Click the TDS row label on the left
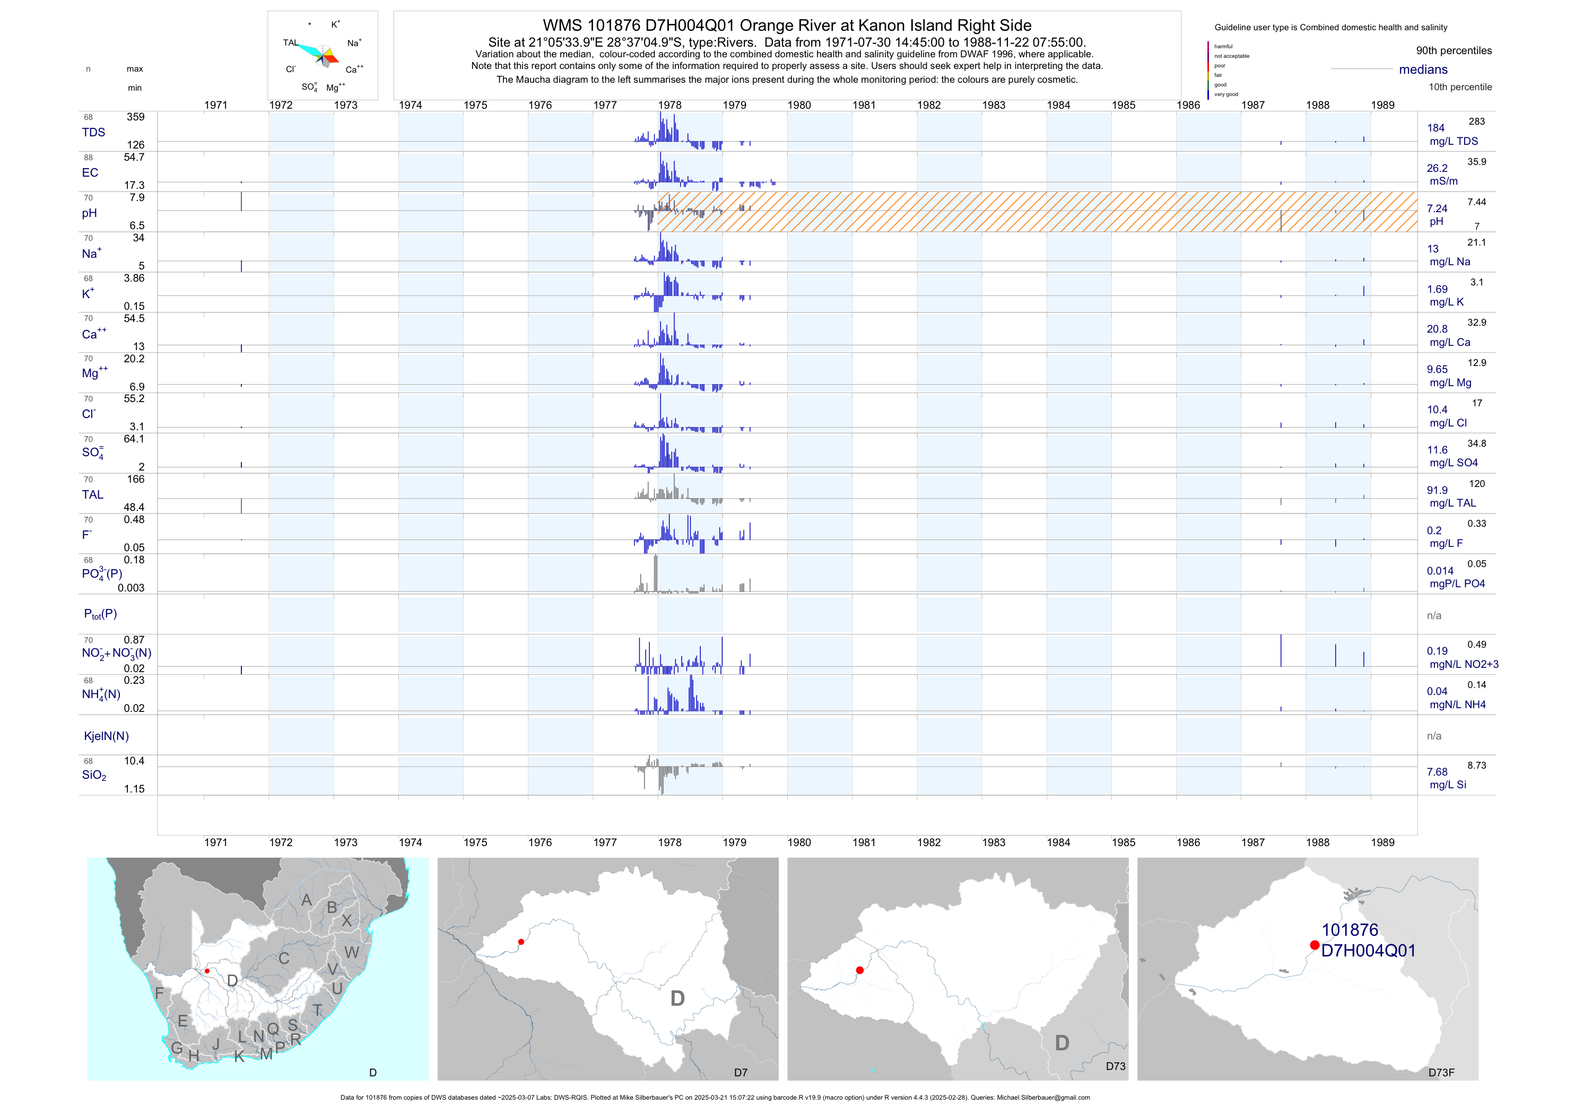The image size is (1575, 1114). [x=93, y=133]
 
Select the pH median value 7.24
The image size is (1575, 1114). [x=1437, y=208]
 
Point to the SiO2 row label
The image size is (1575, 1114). [x=94, y=775]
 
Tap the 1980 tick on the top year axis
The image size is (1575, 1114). [x=799, y=105]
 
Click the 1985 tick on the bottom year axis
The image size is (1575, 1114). [x=1123, y=842]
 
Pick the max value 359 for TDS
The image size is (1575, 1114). [x=135, y=117]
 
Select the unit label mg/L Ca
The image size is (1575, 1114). [x=1449, y=342]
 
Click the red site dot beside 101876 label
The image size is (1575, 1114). [x=1315, y=945]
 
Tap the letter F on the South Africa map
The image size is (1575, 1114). [x=159, y=993]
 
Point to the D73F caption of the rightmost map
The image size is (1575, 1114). [x=1441, y=1072]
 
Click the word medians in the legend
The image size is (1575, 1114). [x=1423, y=69]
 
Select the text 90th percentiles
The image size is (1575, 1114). [x=1454, y=51]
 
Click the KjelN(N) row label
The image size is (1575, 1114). [x=106, y=736]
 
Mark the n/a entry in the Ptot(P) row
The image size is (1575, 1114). [x=1434, y=615]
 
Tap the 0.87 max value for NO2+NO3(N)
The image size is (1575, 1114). [x=134, y=640]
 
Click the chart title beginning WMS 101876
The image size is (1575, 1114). [x=787, y=25]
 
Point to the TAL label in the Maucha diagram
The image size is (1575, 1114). [x=291, y=42]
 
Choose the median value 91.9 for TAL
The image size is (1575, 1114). [x=1437, y=491]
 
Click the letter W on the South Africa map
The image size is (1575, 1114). [x=352, y=952]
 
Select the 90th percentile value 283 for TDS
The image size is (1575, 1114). [x=1476, y=121]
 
